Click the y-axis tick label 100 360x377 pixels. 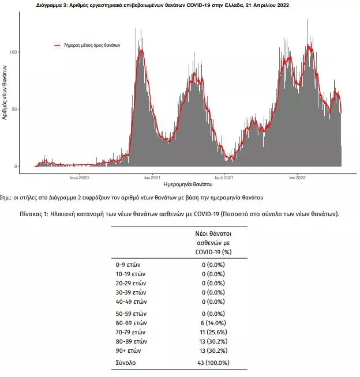[x=13, y=52]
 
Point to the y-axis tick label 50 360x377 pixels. [x=14, y=109]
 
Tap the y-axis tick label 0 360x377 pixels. [x=16, y=166]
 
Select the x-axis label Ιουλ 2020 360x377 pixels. [x=79, y=178]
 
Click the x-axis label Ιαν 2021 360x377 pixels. [x=152, y=178]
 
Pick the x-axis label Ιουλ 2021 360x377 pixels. [x=224, y=178]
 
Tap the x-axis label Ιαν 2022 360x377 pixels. [x=298, y=178]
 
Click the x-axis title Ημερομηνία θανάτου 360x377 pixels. [x=188, y=184]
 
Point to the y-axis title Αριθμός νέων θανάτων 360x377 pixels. [x=5, y=93]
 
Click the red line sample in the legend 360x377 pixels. [x=58, y=45]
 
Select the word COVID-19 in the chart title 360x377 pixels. [x=198, y=5]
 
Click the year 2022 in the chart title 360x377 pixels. [x=283, y=5]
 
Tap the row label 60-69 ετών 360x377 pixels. [x=131, y=323]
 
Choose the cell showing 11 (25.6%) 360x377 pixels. [x=213, y=332]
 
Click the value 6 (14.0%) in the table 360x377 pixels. [x=213, y=323]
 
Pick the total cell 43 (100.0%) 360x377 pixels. [x=213, y=363]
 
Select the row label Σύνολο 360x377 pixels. [x=126, y=363]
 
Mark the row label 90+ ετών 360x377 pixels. [x=128, y=350]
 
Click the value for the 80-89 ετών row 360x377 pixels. [x=213, y=341]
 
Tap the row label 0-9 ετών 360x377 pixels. [x=128, y=265]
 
